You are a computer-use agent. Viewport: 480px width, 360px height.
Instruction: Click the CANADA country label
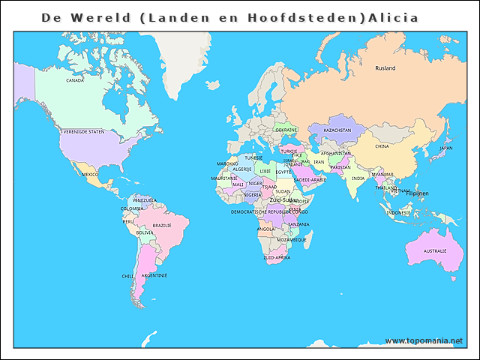coord(75,80)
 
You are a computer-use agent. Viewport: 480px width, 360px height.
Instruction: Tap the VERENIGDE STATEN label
coord(83,131)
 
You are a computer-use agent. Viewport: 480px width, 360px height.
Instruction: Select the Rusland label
coord(385,68)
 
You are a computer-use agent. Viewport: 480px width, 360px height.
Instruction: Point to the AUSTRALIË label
coord(434,250)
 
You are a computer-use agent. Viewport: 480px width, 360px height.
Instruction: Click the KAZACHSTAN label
coord(337,130)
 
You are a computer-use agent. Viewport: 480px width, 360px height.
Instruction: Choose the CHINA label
coord(382,146)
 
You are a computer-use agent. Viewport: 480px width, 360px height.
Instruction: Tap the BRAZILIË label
coord(162,225)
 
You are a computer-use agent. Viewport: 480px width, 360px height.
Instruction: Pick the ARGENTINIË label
coord(154,275)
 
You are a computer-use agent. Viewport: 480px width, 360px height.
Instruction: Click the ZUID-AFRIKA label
coord(277,257)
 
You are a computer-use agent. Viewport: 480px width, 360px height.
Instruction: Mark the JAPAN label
coord(445,148)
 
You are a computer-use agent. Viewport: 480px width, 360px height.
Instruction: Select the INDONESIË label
coord(398,213)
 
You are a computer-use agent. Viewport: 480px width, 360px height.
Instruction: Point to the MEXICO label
coord(90,174)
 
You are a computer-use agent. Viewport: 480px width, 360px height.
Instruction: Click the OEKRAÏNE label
coord(286,130)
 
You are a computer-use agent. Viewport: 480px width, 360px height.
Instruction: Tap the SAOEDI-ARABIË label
coord(310,179)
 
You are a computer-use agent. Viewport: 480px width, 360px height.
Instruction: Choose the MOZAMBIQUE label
coord(292,240)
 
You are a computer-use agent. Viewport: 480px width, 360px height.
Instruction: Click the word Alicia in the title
coord(392,16)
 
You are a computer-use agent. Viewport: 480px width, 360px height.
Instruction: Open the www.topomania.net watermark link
coord(424,340)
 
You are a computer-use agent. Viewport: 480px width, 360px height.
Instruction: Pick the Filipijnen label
coord(416,193)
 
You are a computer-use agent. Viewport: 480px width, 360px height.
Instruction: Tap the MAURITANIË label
coord(224,178)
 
